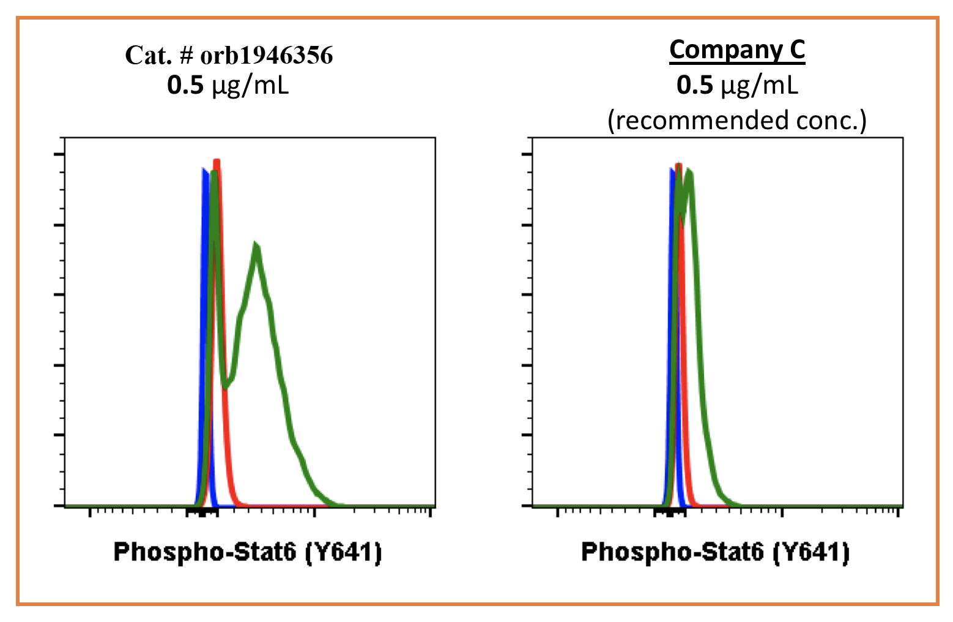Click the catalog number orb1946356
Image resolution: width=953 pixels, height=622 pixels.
coord(267,56)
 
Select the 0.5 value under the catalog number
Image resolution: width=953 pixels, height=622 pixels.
coord(185,86)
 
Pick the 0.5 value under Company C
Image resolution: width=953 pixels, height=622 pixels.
coord(694,85)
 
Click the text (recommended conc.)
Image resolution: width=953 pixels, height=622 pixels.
coord(737,121)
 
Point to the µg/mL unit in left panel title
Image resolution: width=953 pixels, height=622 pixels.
coord(250,86)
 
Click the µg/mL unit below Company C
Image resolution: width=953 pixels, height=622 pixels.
coord(759,86)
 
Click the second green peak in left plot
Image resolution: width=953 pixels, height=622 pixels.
coord(257,247)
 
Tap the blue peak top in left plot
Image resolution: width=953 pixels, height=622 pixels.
coord(204,170)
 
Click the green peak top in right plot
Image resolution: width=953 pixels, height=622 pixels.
coord(689,171)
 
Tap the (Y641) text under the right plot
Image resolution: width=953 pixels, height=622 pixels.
coord(811,552)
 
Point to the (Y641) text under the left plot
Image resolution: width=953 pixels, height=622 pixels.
coord(343,552)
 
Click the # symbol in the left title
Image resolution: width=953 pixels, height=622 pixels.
coord(186,56)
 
